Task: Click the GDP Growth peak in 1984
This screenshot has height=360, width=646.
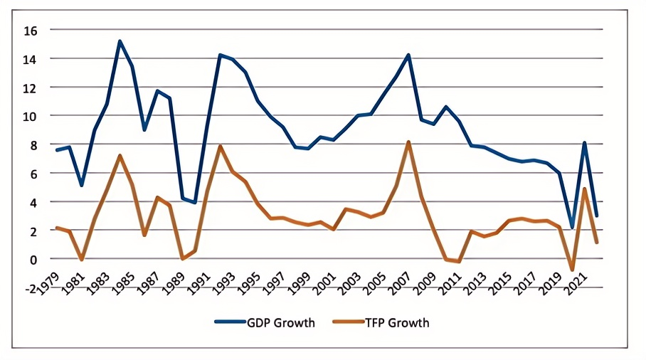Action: (x=120, y=41)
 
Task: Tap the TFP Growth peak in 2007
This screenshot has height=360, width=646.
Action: (x=408, y=142)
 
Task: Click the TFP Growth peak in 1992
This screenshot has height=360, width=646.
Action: (x=220, y=146)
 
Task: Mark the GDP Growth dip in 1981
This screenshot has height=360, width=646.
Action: (x=83, y=185)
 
